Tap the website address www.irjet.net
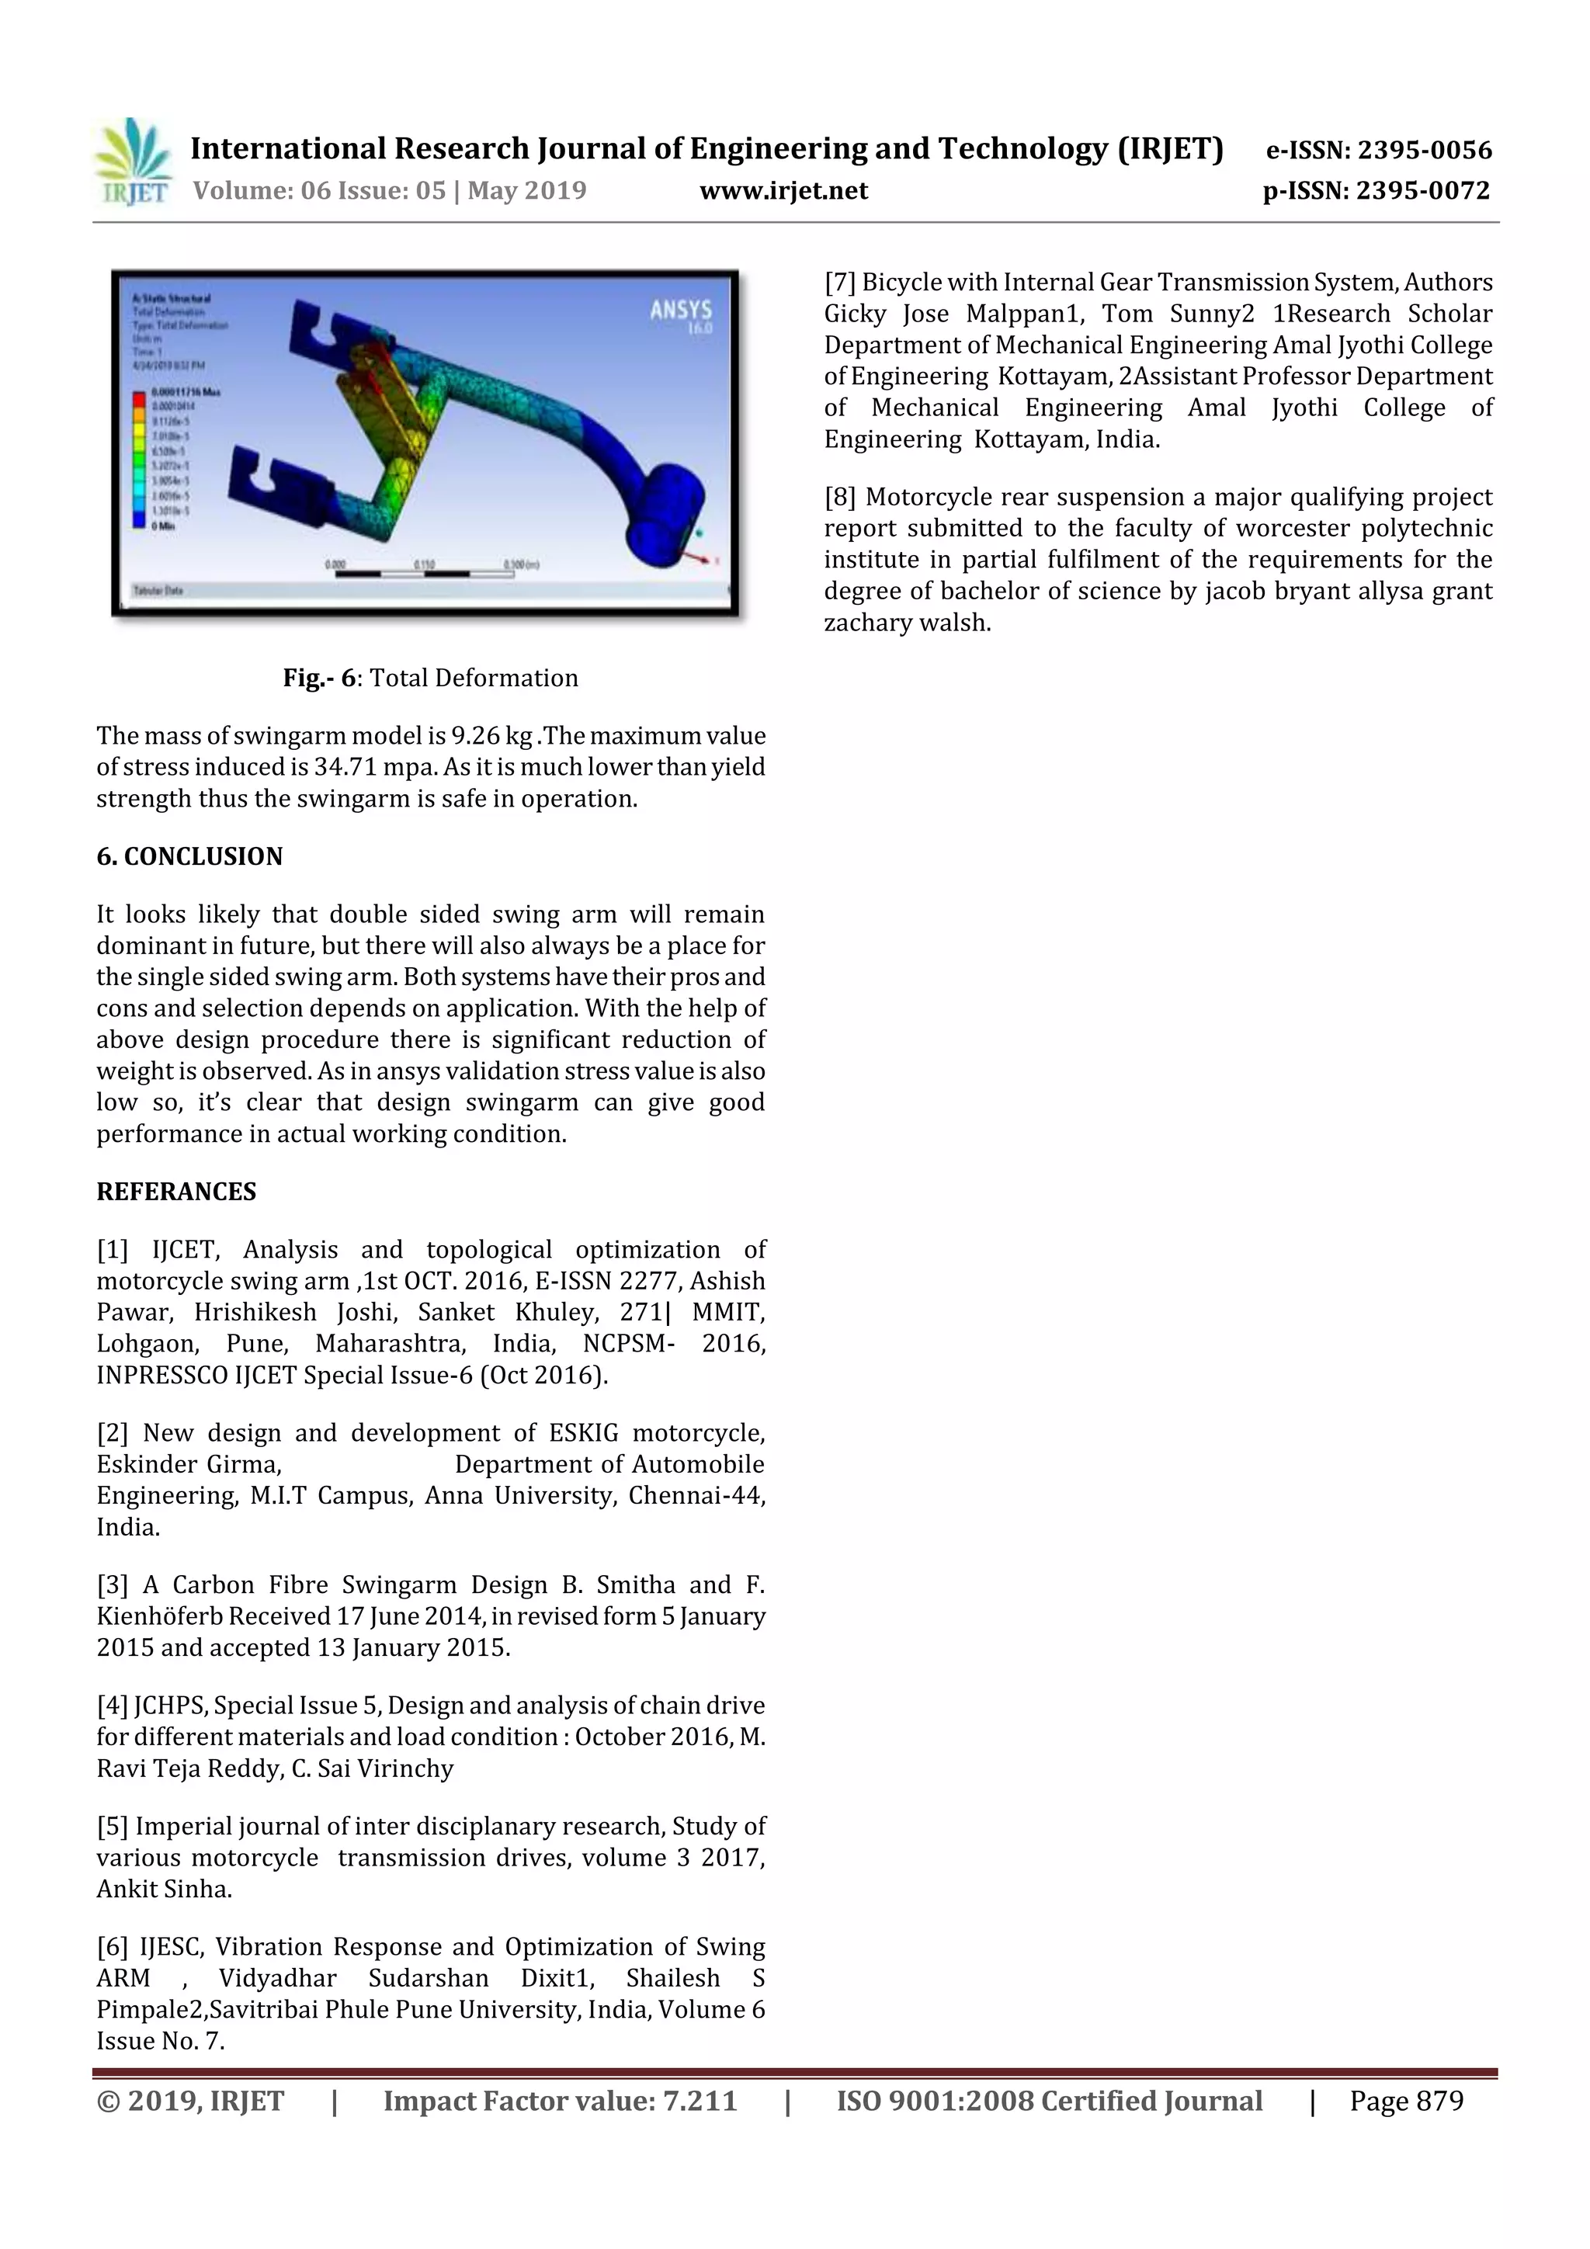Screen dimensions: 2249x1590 tap(783, 190)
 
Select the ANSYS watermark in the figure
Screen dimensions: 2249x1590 tap(680, 311)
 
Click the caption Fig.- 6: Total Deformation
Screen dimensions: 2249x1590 tap(430, 678)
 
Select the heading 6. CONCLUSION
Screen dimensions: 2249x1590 tap(189, 856)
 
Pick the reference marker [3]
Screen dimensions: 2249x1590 tap(113, 1585)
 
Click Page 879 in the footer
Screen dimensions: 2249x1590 tap(1405, 2100)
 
